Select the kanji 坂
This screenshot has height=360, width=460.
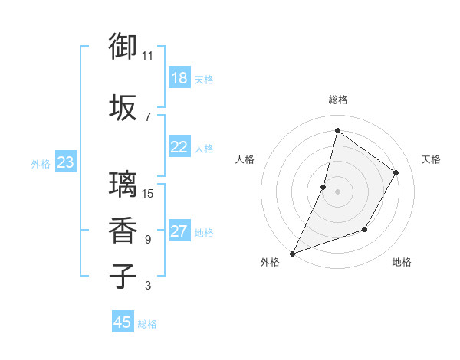[x=123, y=107]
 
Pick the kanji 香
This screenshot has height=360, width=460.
[x=123, y=230]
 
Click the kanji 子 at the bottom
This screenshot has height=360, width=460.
[x=123, y=276]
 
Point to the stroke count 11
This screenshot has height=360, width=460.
[x=148, y=55]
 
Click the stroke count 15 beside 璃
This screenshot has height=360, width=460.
[x=148, y=193]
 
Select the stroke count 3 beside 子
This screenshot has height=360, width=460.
[x=148, y=286]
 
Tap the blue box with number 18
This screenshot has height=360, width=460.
[x=179, y=78]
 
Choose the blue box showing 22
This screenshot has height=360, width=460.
[x=179, y=147]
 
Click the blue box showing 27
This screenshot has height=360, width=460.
[x=179, y=231]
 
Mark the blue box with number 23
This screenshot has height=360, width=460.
[x=65, y=162]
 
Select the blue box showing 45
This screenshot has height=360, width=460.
[x=122, y=322]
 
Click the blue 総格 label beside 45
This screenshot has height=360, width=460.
[x=147, y=324]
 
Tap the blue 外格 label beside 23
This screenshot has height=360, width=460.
[x=41, y=163]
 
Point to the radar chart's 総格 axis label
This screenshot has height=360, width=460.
[x=337, y=100]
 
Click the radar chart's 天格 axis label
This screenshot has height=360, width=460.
[x=432, y=159]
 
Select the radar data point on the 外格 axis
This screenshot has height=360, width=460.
[x=292, y=253]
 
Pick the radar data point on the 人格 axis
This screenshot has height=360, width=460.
[x=324, y=187]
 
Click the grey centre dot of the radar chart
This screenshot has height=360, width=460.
[x=337, y=191]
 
